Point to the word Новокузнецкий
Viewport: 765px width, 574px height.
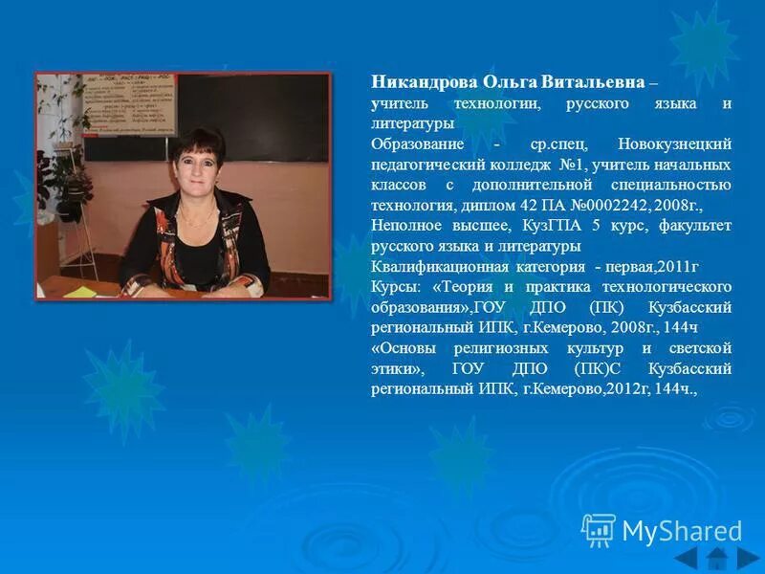(674, 143)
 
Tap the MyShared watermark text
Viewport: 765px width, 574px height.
(682, 530)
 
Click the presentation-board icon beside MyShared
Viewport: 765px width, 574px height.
(599, 529)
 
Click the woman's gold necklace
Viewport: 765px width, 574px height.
(196, 218)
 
